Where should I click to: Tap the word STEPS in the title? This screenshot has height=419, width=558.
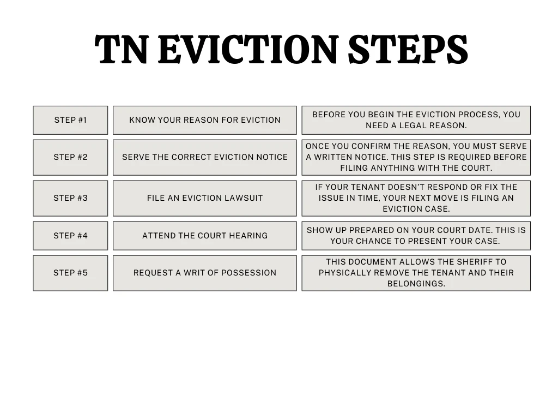pos(408,50)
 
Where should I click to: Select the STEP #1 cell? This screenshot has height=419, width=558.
pos(70,120)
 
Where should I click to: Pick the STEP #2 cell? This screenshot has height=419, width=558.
pos(70,157)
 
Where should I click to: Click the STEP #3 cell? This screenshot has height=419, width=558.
pos(70,198)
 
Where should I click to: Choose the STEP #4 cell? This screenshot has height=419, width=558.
pos(70,236)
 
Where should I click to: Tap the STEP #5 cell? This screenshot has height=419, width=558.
pos(70,273)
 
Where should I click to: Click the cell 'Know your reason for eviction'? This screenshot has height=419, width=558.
pos(205,120)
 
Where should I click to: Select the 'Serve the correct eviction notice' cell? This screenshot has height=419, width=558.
pos(205,157)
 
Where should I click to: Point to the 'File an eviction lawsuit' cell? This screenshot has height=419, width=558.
pos(205,198)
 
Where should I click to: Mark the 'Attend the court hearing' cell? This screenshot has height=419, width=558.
pos(205,236)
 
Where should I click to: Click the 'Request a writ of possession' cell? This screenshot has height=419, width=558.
pos(205,273)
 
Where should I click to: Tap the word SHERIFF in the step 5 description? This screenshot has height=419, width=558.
pos(476,262)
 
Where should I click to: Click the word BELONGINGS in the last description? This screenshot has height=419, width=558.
pos(416,284)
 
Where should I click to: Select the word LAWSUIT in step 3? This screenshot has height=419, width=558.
pos(242,198)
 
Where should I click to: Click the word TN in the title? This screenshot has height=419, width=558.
pos(121,50)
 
